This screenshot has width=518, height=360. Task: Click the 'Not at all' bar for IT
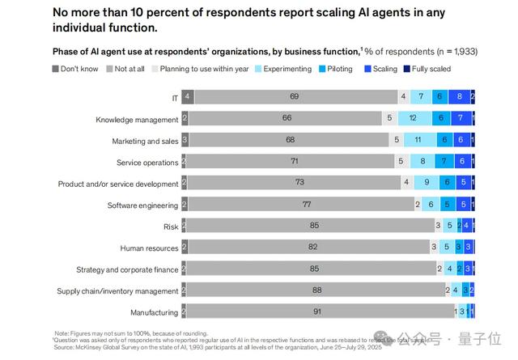click(294, 97)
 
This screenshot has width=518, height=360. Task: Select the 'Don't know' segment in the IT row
click(188, 97)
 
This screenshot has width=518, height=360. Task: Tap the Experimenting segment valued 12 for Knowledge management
click(413, 118)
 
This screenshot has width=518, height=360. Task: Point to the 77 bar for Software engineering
click(306, 205)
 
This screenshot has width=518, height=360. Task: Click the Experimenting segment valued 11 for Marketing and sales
click(418, 140)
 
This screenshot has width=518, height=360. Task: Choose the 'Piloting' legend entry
click(335, 69)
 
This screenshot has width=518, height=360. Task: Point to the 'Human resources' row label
click(149, 248)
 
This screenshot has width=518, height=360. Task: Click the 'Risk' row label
click(171, 227)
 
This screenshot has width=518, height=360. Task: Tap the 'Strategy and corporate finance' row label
click(127, 269)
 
